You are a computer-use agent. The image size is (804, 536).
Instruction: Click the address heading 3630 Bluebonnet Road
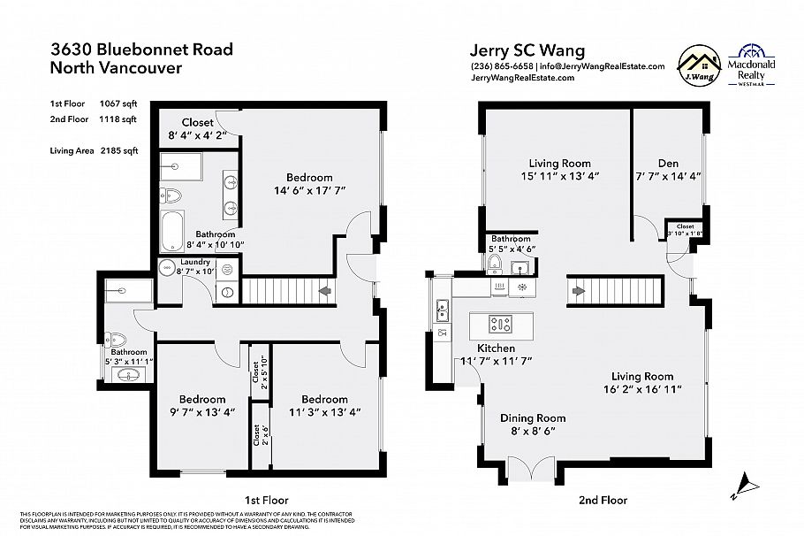coord(141,49)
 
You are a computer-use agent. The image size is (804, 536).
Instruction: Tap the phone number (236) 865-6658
coord(502,66)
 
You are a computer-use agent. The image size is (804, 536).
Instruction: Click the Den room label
coord(668,163)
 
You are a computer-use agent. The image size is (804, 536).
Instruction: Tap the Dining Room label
coord(533,418)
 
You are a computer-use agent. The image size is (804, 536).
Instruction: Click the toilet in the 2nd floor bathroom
coord(495,265)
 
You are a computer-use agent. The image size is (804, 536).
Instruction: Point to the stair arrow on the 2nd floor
coord(580,290)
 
